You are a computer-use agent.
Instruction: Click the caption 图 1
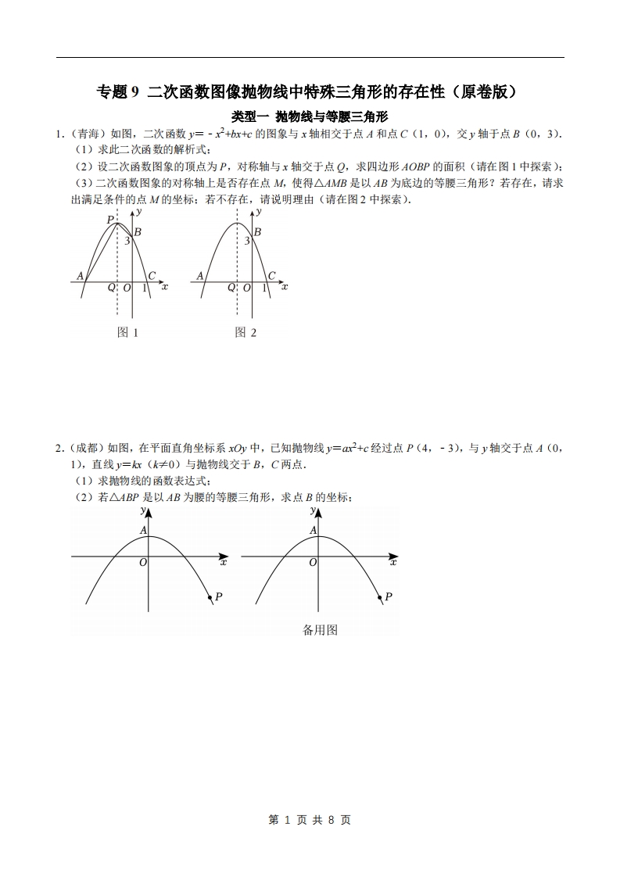click(x=127, y=332)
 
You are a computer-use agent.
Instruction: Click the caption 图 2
click(x=245, y=332)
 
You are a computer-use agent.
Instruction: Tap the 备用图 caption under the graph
click(x=320, y=630)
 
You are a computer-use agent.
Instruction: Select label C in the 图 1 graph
click(x=152, y=275)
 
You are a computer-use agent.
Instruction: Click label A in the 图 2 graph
click(x=200, y=275)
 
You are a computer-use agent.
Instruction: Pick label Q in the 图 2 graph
click(x=231, y=288)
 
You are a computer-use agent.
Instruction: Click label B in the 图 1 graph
click(x=138, y=231)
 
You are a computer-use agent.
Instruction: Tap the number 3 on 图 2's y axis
click(x=246, y=242)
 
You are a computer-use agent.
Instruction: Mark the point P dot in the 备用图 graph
click(x=381, y=599)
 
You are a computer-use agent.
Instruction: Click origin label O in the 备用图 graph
click(x=313, y=563)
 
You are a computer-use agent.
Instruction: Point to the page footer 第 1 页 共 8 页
click(x=310, y=820)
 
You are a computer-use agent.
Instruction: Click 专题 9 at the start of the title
click(x=117, y=92)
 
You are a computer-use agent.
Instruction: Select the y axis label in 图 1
click(x=139, y=211)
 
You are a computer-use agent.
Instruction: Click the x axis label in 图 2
click(x=285, y=287)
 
